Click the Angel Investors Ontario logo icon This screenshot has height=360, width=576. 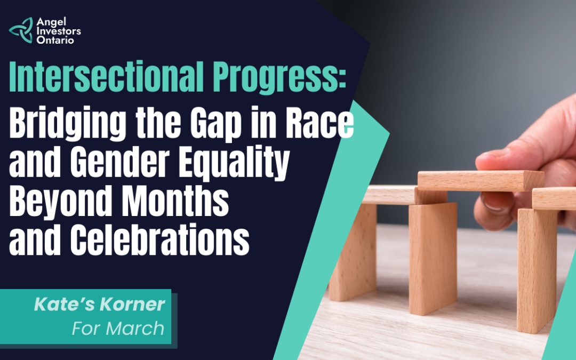[x=21, y=30]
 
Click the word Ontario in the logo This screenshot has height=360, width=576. [x=55, y=40]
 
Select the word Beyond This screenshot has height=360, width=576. [x=61, y=201]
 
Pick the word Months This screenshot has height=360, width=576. [x=175, y=201]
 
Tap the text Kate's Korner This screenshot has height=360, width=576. [x=100, y=304]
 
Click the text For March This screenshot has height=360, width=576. [x=118, y=328]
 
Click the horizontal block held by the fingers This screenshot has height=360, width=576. [x=481, y=180]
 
